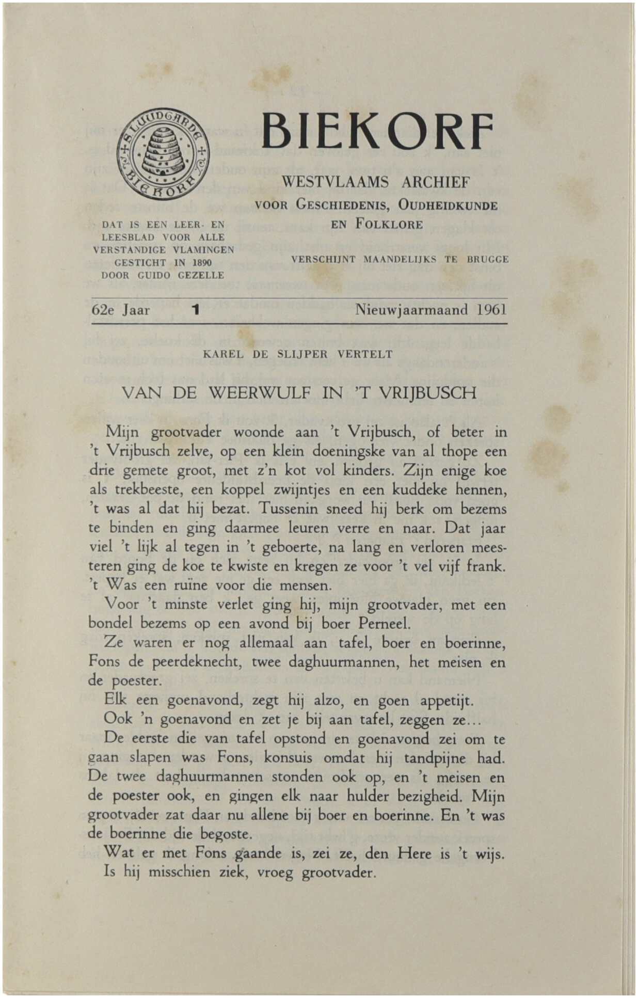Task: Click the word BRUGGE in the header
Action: [x=488, y=259]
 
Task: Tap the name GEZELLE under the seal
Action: [x=201, y=275]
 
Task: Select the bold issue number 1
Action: [x=195, y=310]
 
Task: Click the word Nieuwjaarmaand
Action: [x=411, y=310]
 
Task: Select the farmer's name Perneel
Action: [x=385, y=624]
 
